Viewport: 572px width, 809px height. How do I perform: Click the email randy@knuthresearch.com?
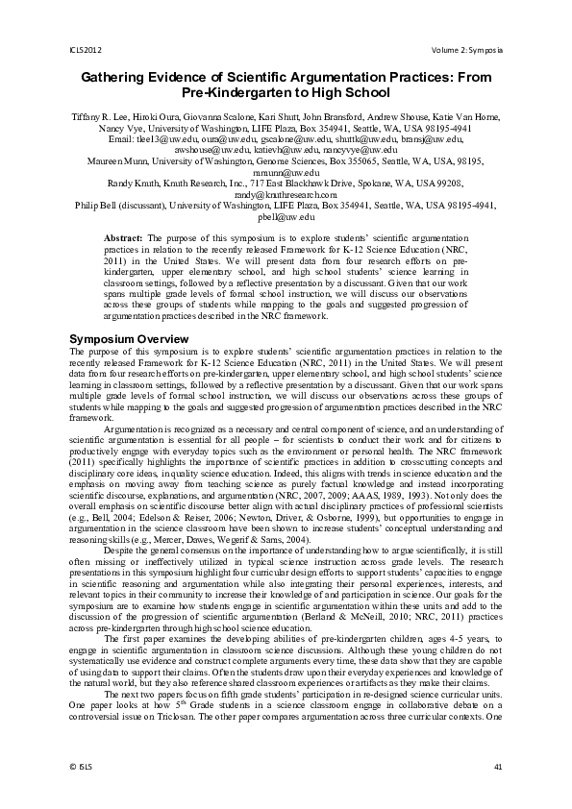click(286, 194)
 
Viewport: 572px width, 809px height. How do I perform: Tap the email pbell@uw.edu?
click(286, 217)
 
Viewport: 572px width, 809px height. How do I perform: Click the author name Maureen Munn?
click(116, 160)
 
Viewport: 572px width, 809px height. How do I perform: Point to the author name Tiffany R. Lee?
click(100, 115)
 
